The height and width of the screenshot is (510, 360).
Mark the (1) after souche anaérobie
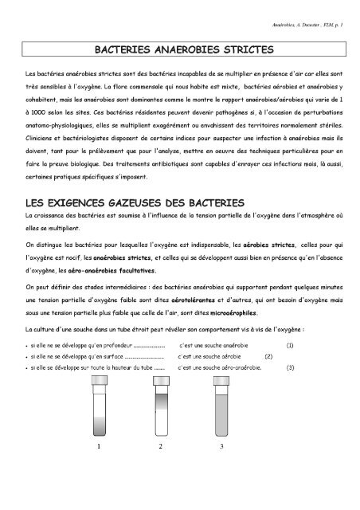290,345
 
